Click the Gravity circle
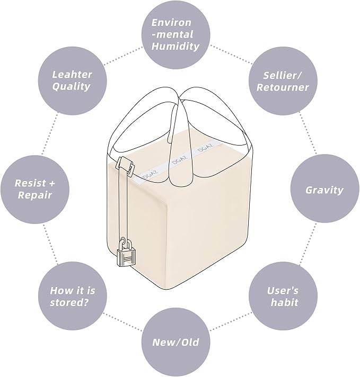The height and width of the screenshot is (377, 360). (325, 190)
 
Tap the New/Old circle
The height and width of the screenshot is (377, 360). (176, 343)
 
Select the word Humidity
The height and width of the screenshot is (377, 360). (175, 46)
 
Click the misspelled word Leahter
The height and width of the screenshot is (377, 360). (72, 74)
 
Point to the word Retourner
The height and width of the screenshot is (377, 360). (283, 87)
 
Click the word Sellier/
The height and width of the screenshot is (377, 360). (282, 76)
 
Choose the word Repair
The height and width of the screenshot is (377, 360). (35, 195)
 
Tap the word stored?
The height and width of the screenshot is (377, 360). (69, 302)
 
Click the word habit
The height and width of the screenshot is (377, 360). (284, 302)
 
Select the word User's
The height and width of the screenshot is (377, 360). (283, 291)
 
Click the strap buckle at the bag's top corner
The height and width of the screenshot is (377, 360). (125, 165)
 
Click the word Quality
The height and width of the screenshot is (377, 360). (71, 86)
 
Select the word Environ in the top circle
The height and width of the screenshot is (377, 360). (171, 23)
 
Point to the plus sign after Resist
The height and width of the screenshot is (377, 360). (52, 183)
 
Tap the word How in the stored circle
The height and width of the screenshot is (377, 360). (59, 291)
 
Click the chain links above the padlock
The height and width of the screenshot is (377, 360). (125, 244)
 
